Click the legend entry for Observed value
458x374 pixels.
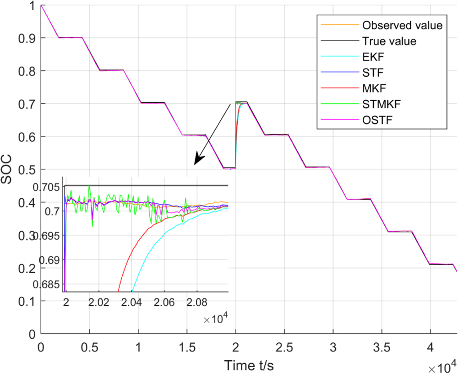(402, 25)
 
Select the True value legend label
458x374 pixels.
(389, 41)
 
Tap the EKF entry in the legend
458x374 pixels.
(372, 57)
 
